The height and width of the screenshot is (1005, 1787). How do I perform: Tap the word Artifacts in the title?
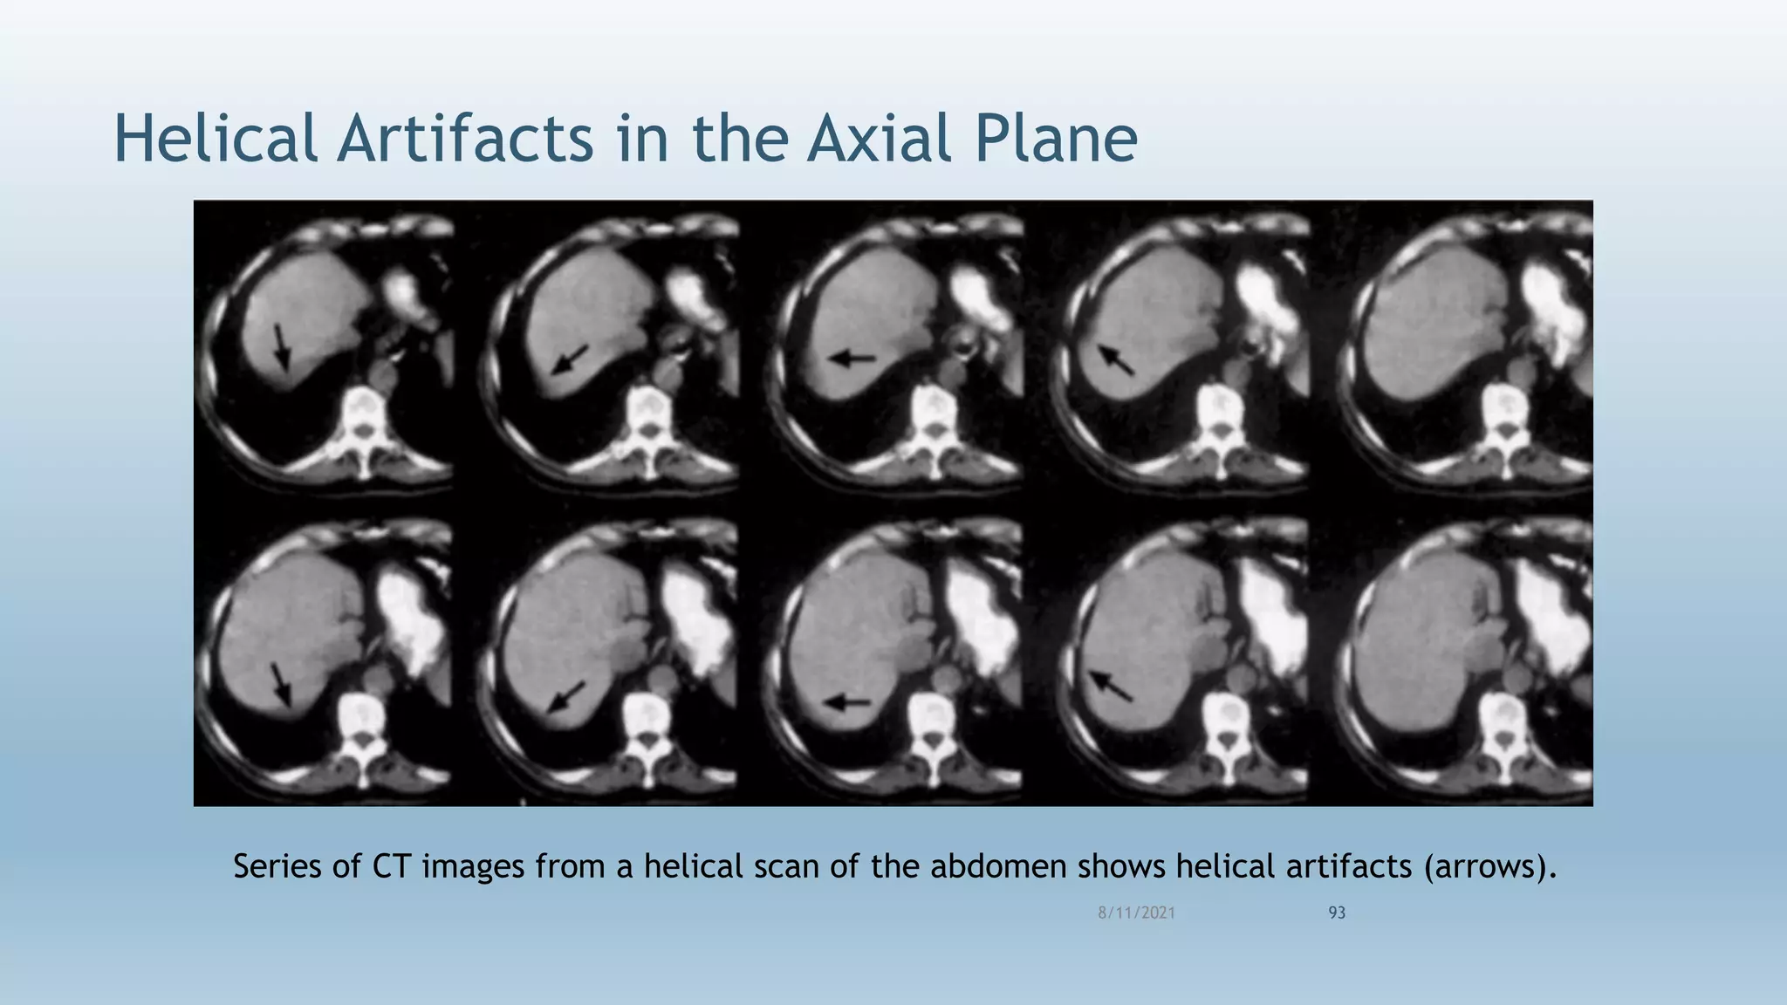(466, 140)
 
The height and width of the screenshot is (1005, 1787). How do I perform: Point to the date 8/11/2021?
(1136, 913)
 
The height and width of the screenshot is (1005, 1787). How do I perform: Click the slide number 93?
(1337, 913)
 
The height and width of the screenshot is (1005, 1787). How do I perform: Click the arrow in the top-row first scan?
(280, 345)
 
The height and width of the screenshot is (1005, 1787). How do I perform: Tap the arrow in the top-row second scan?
(570, 359)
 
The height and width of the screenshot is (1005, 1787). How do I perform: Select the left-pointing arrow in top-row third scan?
(852, 358)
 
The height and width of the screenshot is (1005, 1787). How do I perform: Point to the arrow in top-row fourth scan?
(1116, 359)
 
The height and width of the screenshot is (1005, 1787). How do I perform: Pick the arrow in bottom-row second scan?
(566, 697)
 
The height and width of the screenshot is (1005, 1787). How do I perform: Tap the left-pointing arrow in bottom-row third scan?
(847, 701)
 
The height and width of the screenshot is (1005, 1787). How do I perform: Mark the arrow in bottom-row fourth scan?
(1111, 686)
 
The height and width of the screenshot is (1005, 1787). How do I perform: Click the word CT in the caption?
(392, 866)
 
